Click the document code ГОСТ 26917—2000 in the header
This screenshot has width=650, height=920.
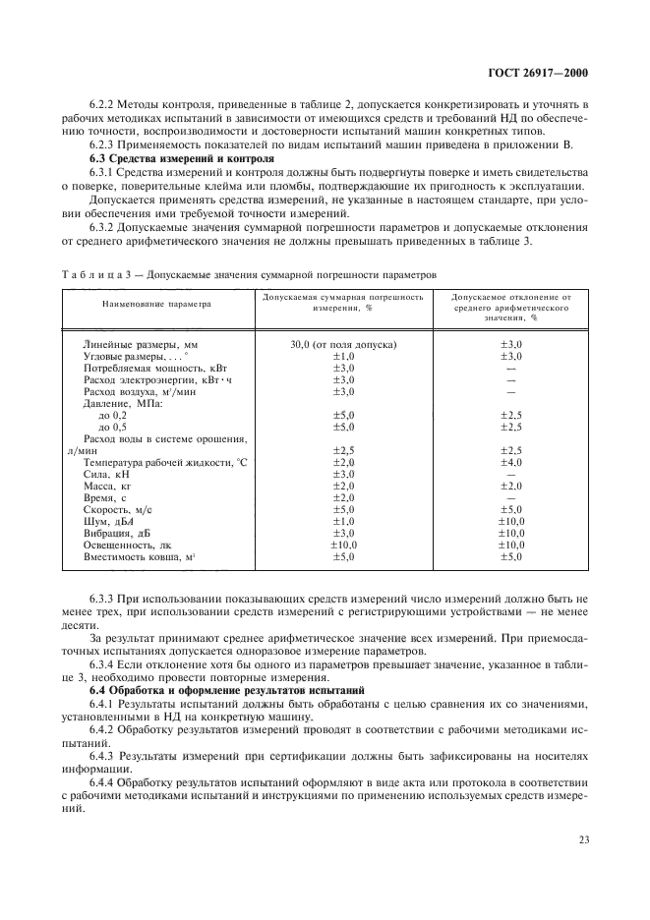point(544,73)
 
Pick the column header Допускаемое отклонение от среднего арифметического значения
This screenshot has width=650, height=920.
point(511,306)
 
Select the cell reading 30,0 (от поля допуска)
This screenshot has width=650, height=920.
point(342,344)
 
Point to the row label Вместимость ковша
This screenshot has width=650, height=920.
point(140,556)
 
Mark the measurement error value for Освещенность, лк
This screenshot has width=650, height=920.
point(342,545)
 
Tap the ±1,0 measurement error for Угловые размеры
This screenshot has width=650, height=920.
point(342,356)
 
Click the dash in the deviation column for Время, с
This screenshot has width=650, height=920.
point(511,497)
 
